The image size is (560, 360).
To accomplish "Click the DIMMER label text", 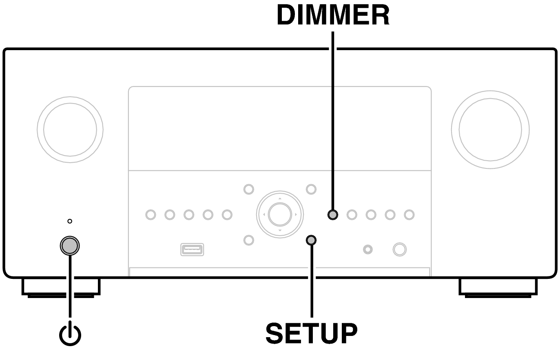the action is (333, 15).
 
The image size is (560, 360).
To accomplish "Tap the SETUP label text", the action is (312, 333).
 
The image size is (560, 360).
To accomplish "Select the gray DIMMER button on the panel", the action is (333, 214).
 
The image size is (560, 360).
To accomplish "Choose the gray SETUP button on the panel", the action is (311, 240).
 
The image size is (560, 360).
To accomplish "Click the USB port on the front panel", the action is (192, 250).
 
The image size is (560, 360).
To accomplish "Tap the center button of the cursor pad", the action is (280, 214).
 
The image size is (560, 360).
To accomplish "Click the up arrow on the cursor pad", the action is (280, 199).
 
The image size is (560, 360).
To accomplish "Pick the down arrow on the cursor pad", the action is (280, 230).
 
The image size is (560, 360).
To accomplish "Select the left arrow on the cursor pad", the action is (264, 214).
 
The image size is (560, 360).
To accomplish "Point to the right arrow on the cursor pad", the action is (296, 214).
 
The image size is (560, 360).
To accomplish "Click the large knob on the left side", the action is (70, 130).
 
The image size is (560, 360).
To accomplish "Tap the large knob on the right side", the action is (490, 130).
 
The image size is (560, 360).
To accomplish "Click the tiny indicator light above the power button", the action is (70, 221).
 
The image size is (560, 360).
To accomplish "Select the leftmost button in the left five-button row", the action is (151, 214).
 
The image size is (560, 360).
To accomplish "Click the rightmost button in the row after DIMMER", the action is (409, 214).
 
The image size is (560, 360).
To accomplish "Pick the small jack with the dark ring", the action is (368, 250).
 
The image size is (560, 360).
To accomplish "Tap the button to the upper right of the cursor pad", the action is (311, 189).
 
